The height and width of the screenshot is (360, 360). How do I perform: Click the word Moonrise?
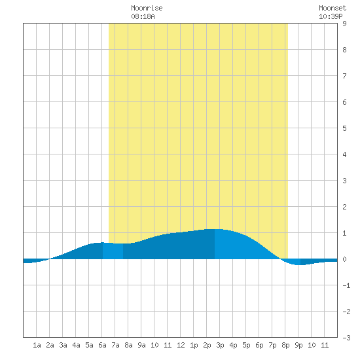point(147,8)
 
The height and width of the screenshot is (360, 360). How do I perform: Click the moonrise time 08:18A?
point(143,16)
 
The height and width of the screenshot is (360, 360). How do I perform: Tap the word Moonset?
point(333,8)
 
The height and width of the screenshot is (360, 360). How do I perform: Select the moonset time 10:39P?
point(331,16)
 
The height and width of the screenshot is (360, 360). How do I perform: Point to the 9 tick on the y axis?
point(344,24)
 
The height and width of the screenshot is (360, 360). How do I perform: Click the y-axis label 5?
point(344,128)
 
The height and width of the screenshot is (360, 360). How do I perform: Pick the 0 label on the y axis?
point(344,259)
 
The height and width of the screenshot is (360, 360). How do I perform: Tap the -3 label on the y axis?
point(346,338)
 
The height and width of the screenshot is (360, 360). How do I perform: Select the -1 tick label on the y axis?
point(346,285)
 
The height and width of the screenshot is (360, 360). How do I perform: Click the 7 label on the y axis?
point(344,76)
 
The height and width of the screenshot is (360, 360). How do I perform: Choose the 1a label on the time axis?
point(37,345)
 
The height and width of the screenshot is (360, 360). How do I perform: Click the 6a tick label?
point(102,345)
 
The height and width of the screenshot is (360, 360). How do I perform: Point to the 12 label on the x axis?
point(181,345)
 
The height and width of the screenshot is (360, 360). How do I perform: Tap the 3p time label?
point(220,345)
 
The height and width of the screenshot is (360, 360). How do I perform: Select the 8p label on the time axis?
point(285,345)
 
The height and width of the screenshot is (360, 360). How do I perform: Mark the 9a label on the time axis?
point(141,345)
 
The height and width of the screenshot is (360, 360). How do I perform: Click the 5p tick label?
point(246,345)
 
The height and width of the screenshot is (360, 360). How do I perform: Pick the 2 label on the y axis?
point(344,207)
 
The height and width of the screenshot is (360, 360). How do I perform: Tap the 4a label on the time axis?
point(76,345)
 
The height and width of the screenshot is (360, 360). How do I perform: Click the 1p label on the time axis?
point(194,345)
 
